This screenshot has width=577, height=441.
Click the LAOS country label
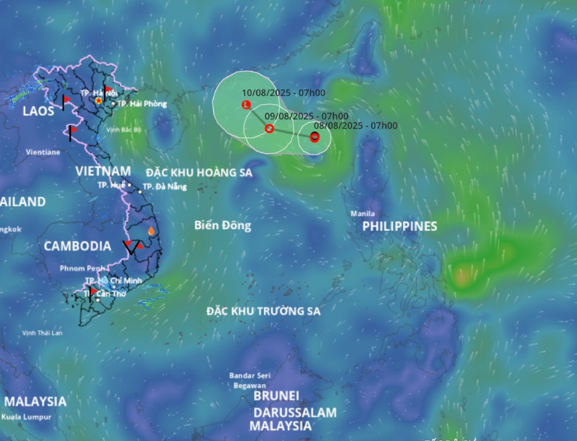[x=38, y=111]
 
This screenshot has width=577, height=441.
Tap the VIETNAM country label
[x=103, y=171]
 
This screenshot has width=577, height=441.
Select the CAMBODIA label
[x=77, y=246]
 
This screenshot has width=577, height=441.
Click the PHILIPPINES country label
[x=399, y=226]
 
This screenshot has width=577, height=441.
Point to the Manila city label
[x=363, y=214]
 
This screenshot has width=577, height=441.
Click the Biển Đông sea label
[x=222, y=225]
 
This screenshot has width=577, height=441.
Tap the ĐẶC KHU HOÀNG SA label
[x=199, y=173]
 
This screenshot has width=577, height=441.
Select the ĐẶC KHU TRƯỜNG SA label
[x=263, y=311]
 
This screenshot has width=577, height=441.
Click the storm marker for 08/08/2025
[x=315, y=137]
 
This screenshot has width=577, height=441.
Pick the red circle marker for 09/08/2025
[x=269, y=128]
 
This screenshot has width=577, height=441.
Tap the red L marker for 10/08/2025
[x=247, y=105]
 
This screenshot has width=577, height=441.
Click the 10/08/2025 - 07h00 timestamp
[x=284, y=93]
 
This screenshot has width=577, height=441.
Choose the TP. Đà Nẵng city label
[x=164, y=187]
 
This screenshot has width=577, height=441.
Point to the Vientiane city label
[x=43, y=152]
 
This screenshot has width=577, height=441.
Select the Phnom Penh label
[x=83, y=268]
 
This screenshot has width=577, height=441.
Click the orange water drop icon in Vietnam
[x=151, y=232]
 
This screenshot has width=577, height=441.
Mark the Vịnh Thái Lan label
[x=42, y=333]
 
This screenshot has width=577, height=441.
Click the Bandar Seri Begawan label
[x=249, y=380]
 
